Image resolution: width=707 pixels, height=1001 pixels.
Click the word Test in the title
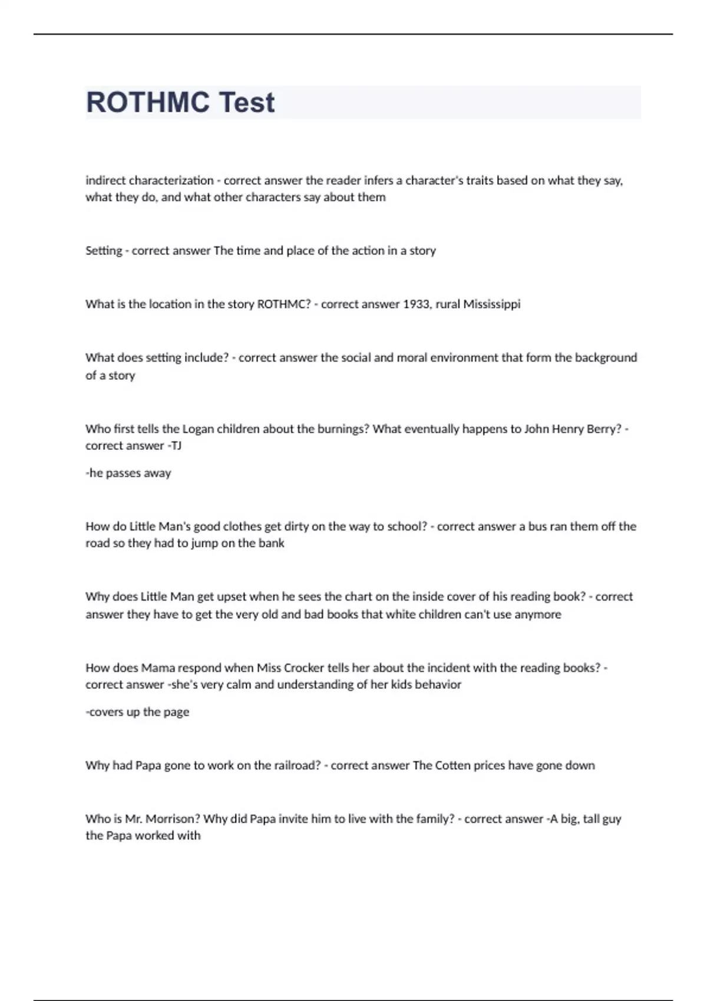[x=247, y=102]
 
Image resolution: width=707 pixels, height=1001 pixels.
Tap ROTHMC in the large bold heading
[x=148, y=102]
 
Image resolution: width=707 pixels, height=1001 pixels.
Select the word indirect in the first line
[x=105, y=180]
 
